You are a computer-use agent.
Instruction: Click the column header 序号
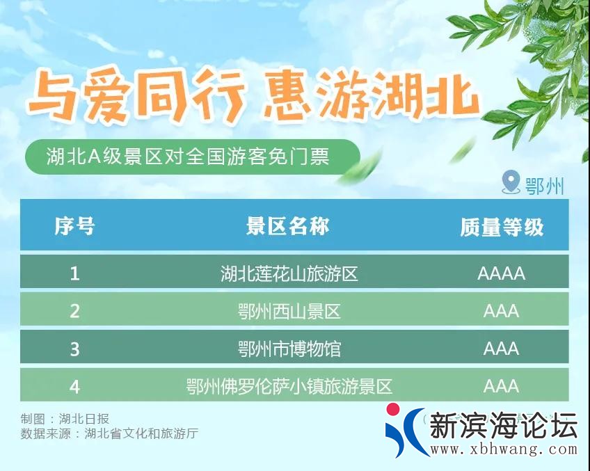tap(74, 226)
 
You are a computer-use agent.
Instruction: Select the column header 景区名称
tap(288, 226)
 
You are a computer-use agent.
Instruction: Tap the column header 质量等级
tap(501, 227)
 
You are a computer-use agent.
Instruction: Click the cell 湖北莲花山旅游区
tap(289, 273)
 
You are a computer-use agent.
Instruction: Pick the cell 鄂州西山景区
tap(289, 311)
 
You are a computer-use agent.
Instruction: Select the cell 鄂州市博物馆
tap(289, 349)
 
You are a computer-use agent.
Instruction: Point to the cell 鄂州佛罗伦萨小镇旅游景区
tap(289, 386)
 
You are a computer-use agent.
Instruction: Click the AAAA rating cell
tap(501, 273)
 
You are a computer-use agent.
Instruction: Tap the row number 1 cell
tap(74, 273)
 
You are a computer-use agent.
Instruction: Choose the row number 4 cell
tap(74, 386)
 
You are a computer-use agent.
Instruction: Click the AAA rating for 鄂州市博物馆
tap(501, 349)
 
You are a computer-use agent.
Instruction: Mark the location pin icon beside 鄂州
tap(511, 183)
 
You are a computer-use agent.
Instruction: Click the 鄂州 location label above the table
tap(544, 186)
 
